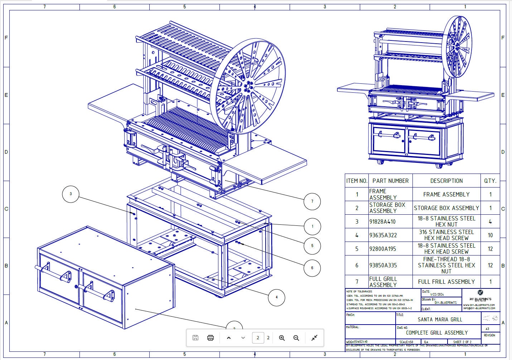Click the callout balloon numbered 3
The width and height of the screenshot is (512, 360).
click(71, 194)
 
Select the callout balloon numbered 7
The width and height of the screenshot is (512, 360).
click(312, 201)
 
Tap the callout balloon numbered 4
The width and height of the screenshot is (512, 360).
click(276, 297)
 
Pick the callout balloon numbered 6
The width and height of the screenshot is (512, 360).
click(312, 268)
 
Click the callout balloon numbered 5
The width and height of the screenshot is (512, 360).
click(312, 245)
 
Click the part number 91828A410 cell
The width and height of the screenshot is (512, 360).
click(382, 222)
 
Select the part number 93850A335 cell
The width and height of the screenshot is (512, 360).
click(382, 265)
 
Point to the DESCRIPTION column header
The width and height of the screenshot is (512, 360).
click(446, 181)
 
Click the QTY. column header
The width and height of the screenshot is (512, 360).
click(490, 181)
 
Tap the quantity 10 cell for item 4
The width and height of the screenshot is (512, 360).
click(490, 235)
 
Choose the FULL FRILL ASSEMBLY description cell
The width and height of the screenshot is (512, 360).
click(446, 282)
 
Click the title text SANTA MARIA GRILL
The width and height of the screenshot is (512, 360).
click(440, 319)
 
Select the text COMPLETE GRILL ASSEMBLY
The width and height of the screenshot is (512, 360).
click(437, 332)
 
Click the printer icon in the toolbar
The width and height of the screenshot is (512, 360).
click(211, 338)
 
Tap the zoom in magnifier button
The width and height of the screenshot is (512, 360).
click(282, 338)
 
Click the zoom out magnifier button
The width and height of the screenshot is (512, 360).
click(296, 338)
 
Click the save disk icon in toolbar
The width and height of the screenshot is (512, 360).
click(195, 338)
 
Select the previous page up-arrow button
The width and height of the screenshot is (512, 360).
click(229, 338)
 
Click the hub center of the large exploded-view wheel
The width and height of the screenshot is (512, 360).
click(247, 86)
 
